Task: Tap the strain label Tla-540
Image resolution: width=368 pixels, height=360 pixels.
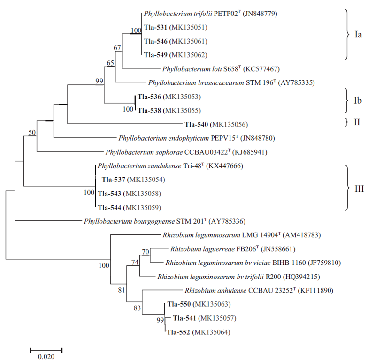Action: point(197,124)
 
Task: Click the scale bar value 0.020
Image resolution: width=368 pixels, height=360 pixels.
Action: point(46,356)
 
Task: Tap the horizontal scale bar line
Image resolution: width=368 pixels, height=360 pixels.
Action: point(46,349)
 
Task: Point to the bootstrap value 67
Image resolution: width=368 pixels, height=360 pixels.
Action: point(117,48)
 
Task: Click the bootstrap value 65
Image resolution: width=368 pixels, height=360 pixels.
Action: point(110,62)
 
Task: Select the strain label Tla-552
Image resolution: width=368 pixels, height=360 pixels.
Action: point(178,332)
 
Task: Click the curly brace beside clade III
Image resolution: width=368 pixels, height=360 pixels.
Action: point(346,187)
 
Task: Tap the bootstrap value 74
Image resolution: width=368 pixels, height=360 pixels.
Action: point(135,262)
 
